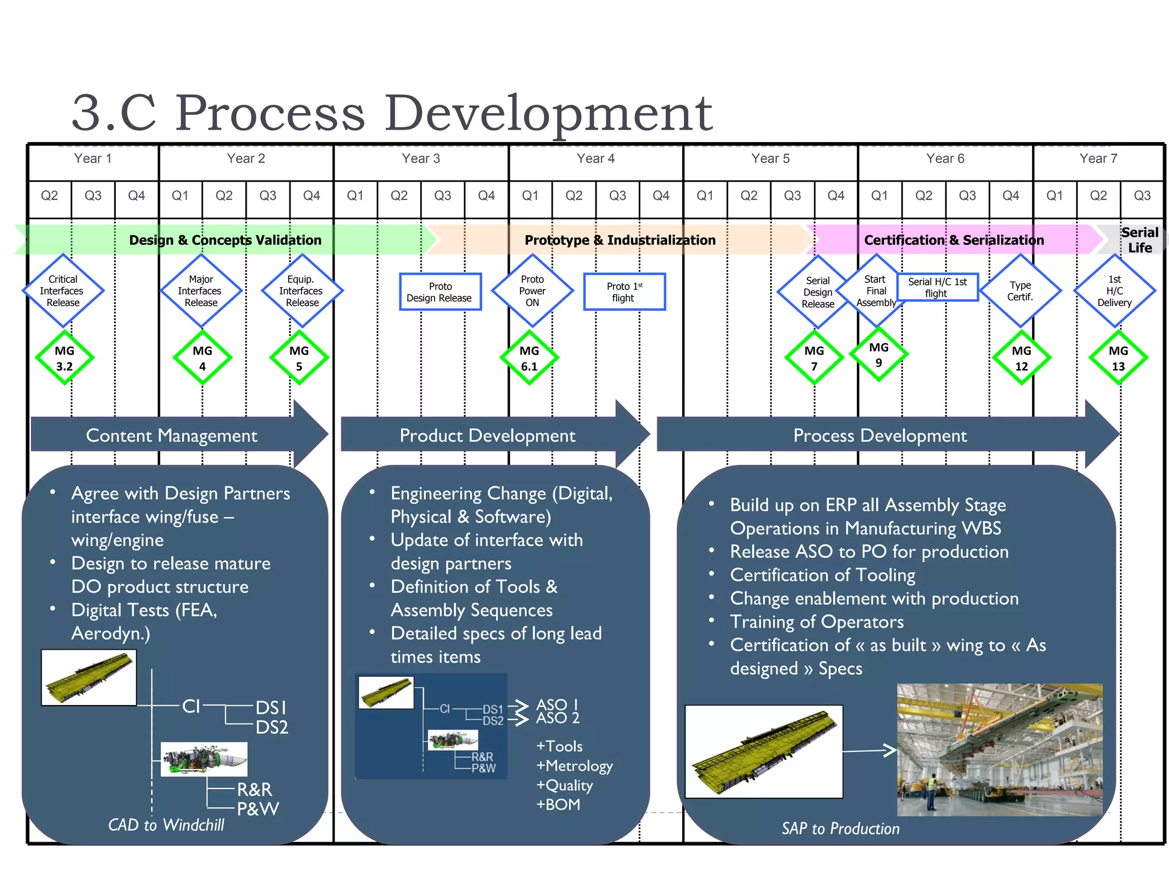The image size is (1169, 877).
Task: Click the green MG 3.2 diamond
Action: point(65,358)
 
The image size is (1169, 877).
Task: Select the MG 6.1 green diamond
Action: point(529,358)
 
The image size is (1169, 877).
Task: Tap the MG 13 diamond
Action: point(1118,358)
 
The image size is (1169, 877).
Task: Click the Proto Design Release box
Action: point(440,292)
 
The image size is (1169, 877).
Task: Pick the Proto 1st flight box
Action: point(624,292)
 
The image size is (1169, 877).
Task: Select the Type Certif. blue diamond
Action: point(1019,291)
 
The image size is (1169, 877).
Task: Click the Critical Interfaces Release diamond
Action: point(63,291)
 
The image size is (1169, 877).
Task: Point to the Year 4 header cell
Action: point(595,159)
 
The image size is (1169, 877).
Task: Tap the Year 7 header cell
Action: point(1098,159)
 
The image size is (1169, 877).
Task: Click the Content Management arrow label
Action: point(171,436)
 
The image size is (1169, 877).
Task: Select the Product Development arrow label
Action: point(487,436)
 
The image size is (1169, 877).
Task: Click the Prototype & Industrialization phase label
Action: point(619,240)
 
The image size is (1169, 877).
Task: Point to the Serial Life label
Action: point(1139,240)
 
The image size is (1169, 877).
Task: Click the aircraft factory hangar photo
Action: point(999,749)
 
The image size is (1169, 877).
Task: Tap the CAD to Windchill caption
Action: point(166,824)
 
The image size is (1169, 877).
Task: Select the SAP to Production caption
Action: point(840,828)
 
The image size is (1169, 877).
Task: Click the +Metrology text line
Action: point(574,766)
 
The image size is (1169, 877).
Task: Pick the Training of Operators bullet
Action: point(816,622)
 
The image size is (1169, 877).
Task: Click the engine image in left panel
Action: point(204,759)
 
